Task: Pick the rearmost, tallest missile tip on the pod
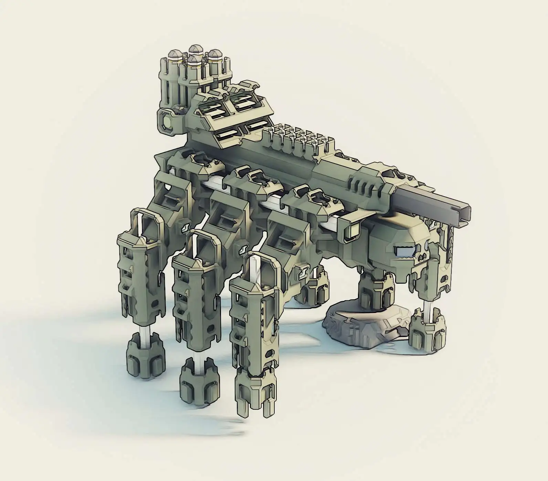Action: pyautogui.click(x=195, y=49)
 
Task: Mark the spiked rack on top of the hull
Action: pyautogui.click(x=299, y=138)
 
